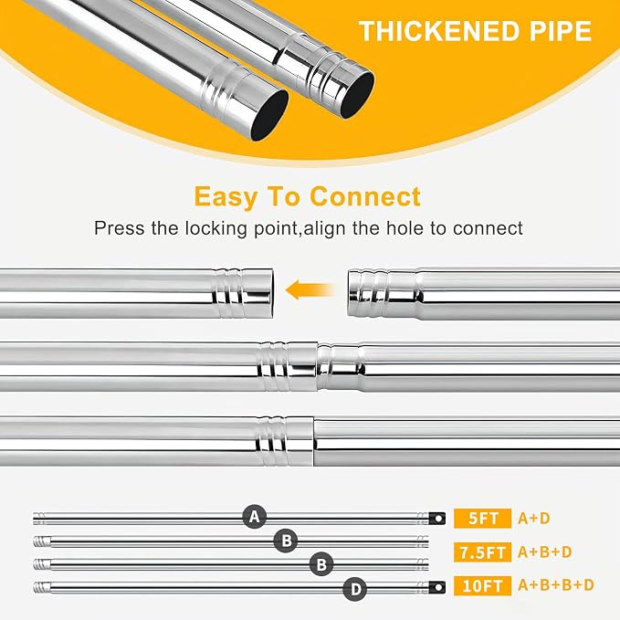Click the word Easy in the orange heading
point(226,197)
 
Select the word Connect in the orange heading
point(365,196)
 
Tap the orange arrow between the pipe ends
point(310,290)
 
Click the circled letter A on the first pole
point(254,517)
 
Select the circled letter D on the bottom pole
point(355,589)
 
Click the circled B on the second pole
point(287,541)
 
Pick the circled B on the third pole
point(321,564)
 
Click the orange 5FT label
point(482,518)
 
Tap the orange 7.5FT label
point(482,552)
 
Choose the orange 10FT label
point(482,585)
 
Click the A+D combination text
point(534,518)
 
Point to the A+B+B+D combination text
point(556,584)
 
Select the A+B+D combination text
point(545,552)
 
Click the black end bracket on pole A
point(437,518)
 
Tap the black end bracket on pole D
point(437,587)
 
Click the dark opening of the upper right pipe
point(357,95)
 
